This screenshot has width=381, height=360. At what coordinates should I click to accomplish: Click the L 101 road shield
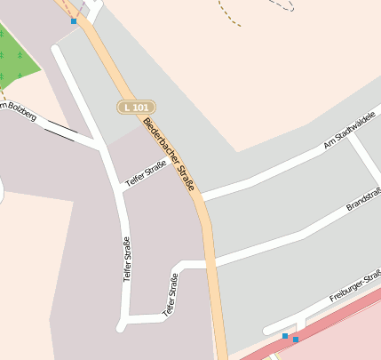click(x=136, y=107)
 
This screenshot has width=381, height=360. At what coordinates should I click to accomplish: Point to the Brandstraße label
click(x=363, y=198)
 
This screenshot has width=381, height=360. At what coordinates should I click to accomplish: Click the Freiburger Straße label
click(x=354, y=286)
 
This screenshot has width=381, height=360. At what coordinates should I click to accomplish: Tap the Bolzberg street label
click(x=19, y=112)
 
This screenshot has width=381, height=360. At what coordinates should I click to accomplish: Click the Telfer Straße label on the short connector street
click(x=146, y=174)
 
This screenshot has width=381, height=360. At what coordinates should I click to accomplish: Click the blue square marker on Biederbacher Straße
click(x=74, y=20)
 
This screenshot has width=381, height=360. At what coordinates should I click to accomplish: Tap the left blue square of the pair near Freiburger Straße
click(x=284, y=336)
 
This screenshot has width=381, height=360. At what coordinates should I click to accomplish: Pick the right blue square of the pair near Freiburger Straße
click(x=295, y=339)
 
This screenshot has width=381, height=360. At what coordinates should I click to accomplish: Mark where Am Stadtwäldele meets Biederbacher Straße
click(x=202, y=196)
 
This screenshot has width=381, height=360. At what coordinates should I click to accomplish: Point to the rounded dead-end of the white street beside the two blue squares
click(x=267, y=331)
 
